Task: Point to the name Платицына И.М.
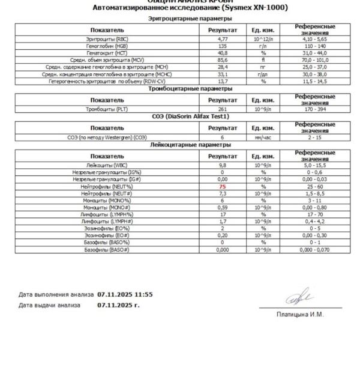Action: point(300,315)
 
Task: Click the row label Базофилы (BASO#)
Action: point(107,249)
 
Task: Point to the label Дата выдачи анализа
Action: point(49,305)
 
